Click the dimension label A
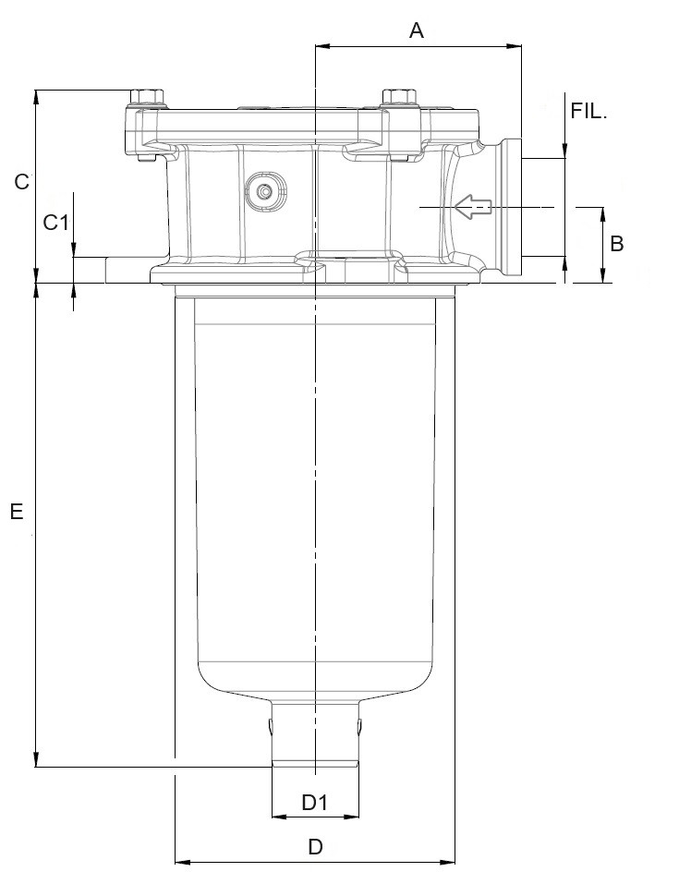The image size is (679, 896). [x=416, y=30]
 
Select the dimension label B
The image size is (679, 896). [x=617, y=243]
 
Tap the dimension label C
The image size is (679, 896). [x=22, y=182]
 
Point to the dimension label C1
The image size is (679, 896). [x=57, y=222]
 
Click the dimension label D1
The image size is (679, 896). [x=315, y=802]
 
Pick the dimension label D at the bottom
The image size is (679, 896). [x=315, y=847]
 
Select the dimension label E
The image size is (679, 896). [x=17, y=511]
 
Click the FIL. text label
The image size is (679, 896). [x=589, y=111]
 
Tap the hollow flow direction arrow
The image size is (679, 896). [x=471, y=209]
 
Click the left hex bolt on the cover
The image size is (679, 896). [x=147, y=98]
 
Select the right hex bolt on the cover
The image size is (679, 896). [x=397, y=98]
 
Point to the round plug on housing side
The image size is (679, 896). [x=265, y=192]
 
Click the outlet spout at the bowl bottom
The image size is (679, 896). [x=315, y=734]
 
